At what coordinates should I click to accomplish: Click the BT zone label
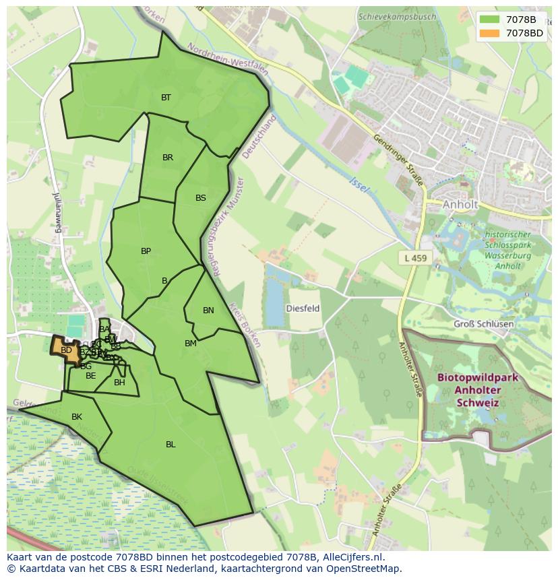(166, 98)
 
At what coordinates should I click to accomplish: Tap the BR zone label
(168, 158)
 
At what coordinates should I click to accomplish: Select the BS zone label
(201, 198)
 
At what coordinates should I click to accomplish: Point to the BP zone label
(146, 251)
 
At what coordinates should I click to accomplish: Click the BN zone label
(208, 311)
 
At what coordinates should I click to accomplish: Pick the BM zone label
(191, 344)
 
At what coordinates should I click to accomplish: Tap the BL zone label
(170, 445)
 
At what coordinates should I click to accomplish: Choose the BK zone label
(77, 417)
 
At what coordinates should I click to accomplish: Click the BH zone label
(119, 383)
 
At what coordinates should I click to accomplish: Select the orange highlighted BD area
(65, 350)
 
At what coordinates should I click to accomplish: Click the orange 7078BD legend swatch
(490, 33)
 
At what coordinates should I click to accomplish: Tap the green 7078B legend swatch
(490, 20)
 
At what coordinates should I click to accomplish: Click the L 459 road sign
(416, 258)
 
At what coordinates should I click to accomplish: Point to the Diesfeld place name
(303, 309)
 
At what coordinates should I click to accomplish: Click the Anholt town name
(460, 204)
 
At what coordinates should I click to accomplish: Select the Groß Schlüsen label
(483, 324)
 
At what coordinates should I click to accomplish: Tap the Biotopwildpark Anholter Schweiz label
(478, 390)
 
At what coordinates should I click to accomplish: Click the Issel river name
(360, 185)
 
